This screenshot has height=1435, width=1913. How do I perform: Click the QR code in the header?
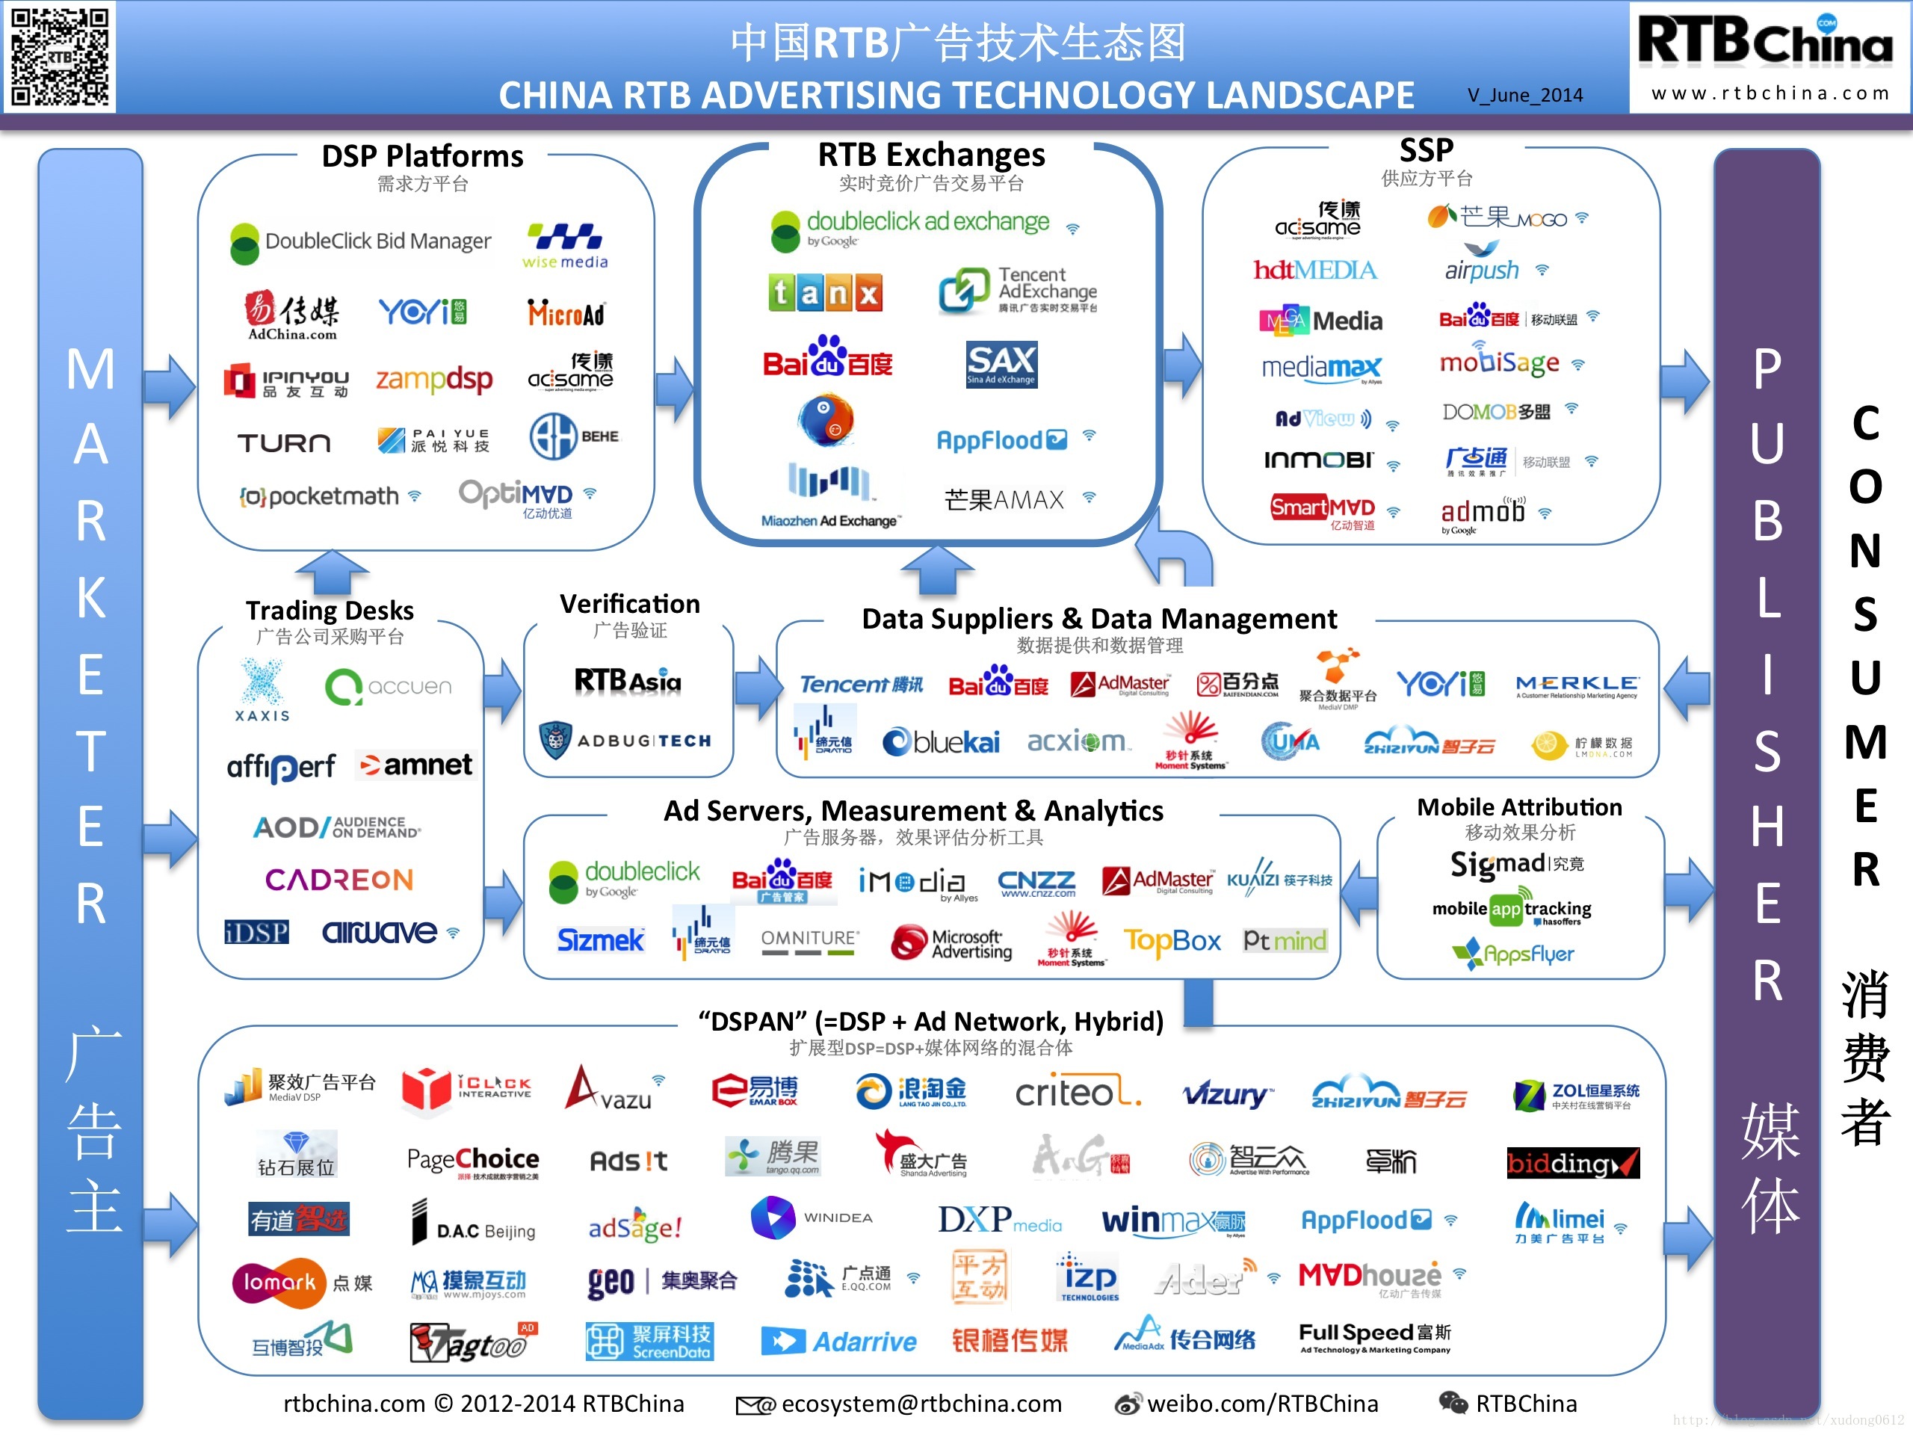59,56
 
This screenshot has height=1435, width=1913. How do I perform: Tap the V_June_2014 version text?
1524,95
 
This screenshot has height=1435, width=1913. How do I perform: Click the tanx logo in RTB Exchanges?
825,293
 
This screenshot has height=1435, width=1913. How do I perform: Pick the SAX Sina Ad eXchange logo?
1001,364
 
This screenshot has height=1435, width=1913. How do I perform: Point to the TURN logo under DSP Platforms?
284,444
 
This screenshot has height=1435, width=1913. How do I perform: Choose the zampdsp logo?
433,379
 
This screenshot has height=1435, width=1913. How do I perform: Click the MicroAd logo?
566,313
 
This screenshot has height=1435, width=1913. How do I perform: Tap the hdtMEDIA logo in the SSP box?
1314,271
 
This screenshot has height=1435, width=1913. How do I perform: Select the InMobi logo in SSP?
1318,460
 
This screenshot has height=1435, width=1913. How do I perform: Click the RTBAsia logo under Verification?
628,681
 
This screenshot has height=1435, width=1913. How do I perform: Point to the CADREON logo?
339,880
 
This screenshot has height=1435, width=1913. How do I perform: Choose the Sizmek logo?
600,940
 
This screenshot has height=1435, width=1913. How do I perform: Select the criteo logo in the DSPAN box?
1078,1093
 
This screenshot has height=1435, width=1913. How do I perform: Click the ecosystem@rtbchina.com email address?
921,1403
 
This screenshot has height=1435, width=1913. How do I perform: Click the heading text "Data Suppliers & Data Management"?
1099,618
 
